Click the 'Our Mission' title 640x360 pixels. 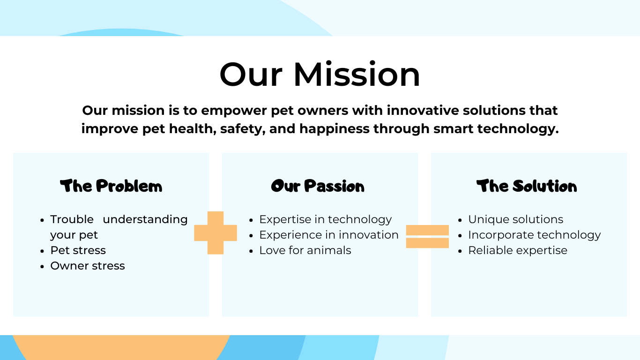tap(320, 74)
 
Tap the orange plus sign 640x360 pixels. tap(216, 233)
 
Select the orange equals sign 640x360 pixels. tap(427, 236)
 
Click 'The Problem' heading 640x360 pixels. tap(111, 186)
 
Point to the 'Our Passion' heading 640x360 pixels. tap(318, 186)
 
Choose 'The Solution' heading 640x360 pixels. tap(527, 186)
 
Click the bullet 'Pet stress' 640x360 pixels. tap(78, 250)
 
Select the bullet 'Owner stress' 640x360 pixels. tap(88, 266)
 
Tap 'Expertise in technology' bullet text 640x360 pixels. tap(326, 219)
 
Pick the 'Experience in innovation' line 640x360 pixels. tap(329, 235)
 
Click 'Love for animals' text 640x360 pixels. tap(305, 250)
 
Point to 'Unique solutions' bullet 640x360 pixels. tap(516, 219)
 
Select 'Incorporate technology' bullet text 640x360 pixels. tap(535, 235)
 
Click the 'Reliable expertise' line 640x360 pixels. tap(518, 250)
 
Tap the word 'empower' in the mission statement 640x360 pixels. tap(234, 111)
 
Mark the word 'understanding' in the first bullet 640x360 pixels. tap(145, 219)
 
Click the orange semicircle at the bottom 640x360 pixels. tap(121, 347)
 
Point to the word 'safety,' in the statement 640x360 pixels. tap(243, 129)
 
